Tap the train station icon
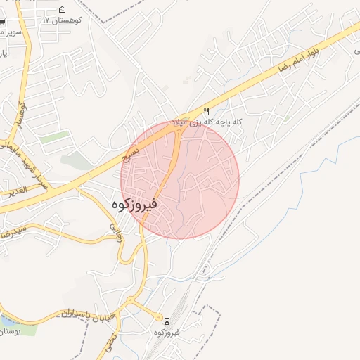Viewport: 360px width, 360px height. coord(167,321)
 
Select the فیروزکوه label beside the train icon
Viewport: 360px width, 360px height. coord(167,332)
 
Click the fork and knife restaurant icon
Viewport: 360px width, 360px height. coord(206,111)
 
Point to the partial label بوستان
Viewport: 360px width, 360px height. coord(8,331)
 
